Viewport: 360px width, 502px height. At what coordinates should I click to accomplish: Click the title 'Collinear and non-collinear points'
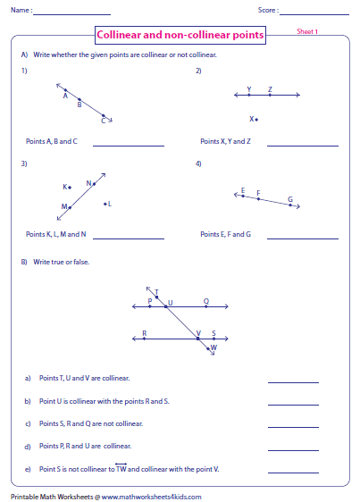(180, 35)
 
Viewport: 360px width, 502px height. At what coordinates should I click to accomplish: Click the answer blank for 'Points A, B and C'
(128, 145)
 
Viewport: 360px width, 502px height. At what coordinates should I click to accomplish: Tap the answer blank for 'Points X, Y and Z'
(303, 145)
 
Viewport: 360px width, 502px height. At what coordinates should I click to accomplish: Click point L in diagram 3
(105, 204)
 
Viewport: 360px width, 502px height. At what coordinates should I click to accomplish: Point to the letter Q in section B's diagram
(206, 301)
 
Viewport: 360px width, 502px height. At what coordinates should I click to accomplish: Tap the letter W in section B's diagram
(213, 347)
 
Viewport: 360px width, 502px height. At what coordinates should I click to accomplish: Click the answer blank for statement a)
(293, 381)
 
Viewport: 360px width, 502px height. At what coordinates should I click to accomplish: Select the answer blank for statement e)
(293, 471)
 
